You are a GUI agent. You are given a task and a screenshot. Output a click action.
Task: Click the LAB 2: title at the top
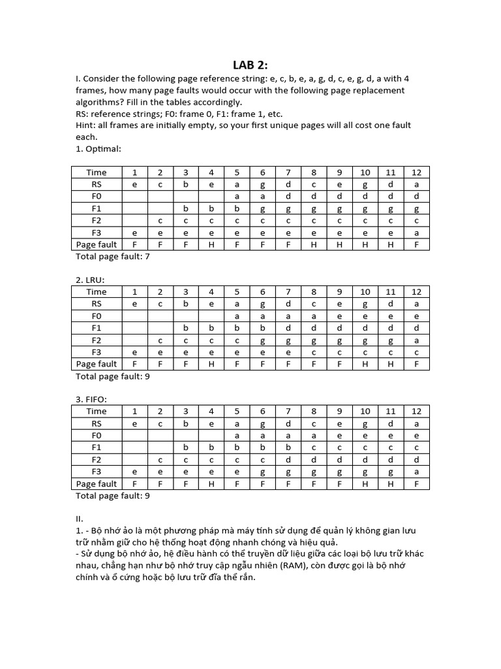[x=250, y=64]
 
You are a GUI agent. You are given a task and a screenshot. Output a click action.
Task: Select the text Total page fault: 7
[x=113, y=256]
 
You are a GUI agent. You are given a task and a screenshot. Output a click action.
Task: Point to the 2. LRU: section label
[x=91, y=280]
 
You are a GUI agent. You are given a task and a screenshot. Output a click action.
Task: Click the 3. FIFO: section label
[x=92, y=399]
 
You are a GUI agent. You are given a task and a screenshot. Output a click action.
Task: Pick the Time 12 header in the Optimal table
[x=416, y=172]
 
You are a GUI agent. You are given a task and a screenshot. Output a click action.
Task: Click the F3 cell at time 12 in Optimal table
[x=416, y=233]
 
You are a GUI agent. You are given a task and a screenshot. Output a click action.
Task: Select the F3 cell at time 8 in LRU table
[x=314, y=352]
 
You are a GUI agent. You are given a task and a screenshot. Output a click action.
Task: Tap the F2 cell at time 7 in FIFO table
[x=288, y=459]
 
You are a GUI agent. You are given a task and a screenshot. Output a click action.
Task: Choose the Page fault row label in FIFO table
[x=97, y=484]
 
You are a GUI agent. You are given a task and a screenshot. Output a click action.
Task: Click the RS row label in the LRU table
[x=97, y=304]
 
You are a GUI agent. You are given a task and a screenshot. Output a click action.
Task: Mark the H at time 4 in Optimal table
[x=211, y=244]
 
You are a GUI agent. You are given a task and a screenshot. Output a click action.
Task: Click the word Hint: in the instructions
[x=87, y=125]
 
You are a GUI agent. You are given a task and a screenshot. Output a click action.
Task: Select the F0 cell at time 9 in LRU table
[x=339, y=316]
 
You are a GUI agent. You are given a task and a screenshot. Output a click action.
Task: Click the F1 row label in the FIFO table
[x=97, y=448]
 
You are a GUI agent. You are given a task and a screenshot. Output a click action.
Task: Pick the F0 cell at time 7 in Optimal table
[x=288, y=196]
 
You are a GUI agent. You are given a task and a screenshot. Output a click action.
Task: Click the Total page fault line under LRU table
[x=113, y=376]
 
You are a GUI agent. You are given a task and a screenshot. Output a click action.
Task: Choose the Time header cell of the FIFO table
[x=97, y=412]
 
